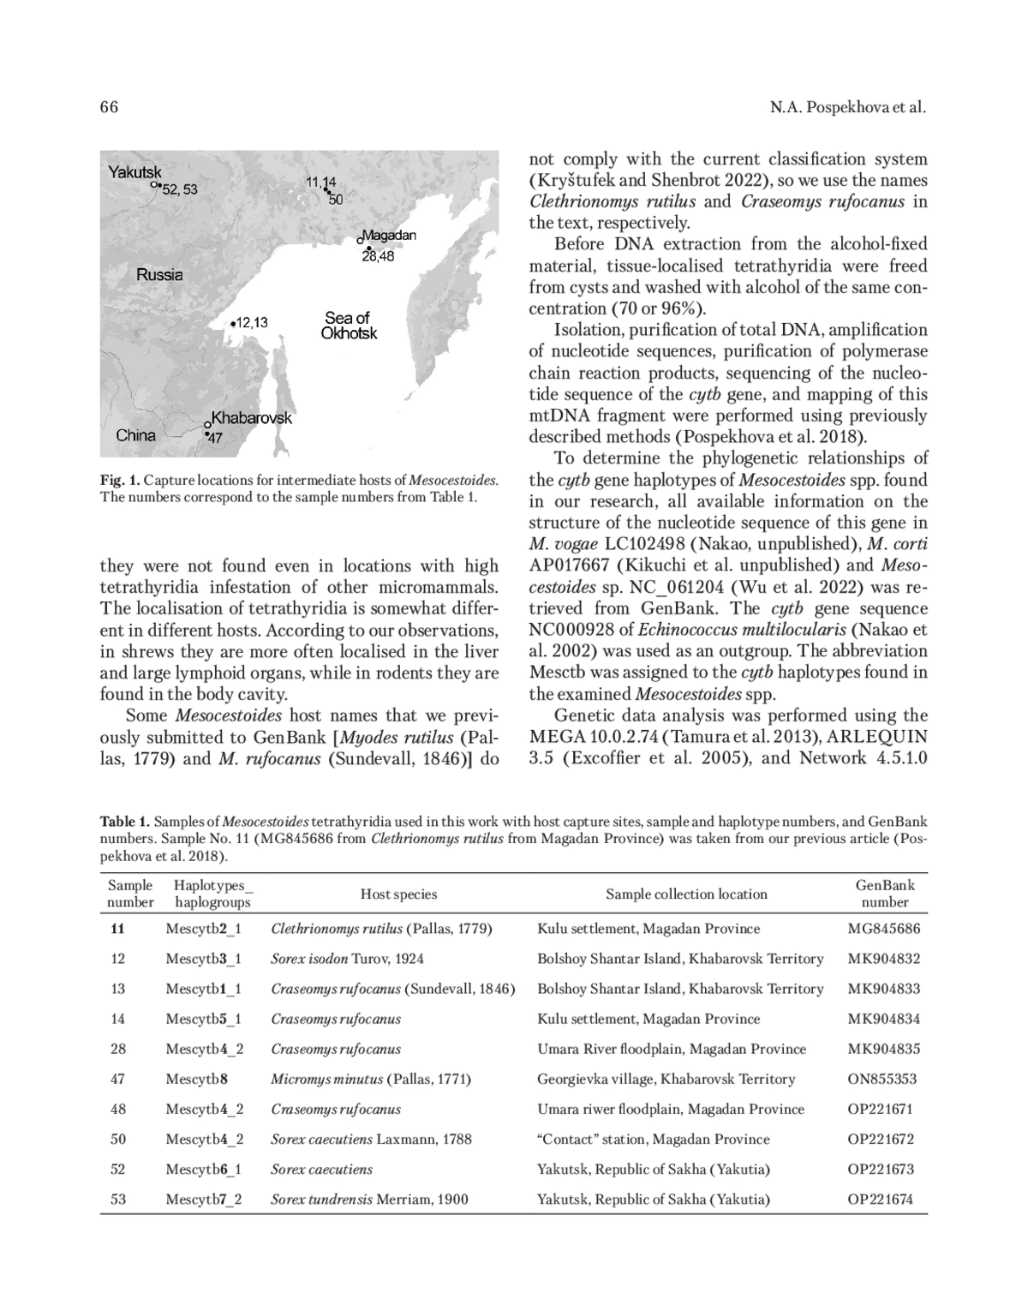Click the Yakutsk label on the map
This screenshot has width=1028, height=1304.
(134, 172)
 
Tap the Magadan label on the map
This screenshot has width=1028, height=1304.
(389, 235)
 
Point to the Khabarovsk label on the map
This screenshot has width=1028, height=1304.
(251, 418)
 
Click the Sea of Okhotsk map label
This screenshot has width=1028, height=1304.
(348, 326)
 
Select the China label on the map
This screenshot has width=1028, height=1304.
(136, 435)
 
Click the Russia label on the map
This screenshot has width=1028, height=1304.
(159, 275)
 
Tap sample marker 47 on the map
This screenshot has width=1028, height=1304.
(214, 438)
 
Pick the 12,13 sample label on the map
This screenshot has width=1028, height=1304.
(251, 323)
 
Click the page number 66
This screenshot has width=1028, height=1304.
(109, 107)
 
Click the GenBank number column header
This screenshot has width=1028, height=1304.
(885, 894)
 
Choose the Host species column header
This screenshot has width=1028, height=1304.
(398, 894)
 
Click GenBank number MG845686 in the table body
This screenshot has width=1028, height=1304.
(884, 929)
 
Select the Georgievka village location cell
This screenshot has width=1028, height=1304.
(666, 1080)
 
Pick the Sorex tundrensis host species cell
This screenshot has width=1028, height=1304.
(369, 1199)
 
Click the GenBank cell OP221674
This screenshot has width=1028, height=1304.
(881, 1199)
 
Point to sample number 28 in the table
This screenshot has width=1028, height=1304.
(118, 1050)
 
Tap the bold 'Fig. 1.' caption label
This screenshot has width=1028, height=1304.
(119, 480)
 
